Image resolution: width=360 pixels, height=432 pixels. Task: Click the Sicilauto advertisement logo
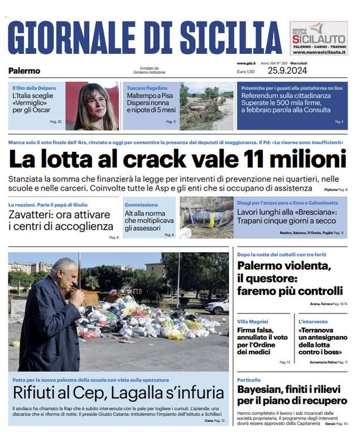click(319, 39)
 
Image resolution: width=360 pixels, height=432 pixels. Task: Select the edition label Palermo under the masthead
click(24, 71)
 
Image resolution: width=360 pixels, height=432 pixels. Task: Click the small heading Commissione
click(141, 205)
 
